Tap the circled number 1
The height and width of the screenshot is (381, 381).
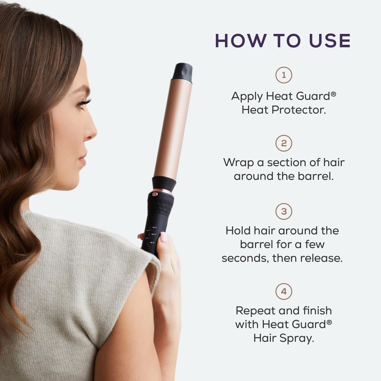point(284,75)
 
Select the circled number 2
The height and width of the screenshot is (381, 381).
point(284,143)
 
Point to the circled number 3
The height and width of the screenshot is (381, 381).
point(284,211)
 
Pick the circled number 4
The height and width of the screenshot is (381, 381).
point(284,291)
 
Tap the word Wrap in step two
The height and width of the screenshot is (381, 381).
point(238,162)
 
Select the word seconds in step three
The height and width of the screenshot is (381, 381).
point(246,258)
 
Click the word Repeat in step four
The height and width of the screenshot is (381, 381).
point(256,311)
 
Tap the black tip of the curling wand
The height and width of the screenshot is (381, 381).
point(182,71)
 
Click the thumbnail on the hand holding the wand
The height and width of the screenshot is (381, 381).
point(164,237)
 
